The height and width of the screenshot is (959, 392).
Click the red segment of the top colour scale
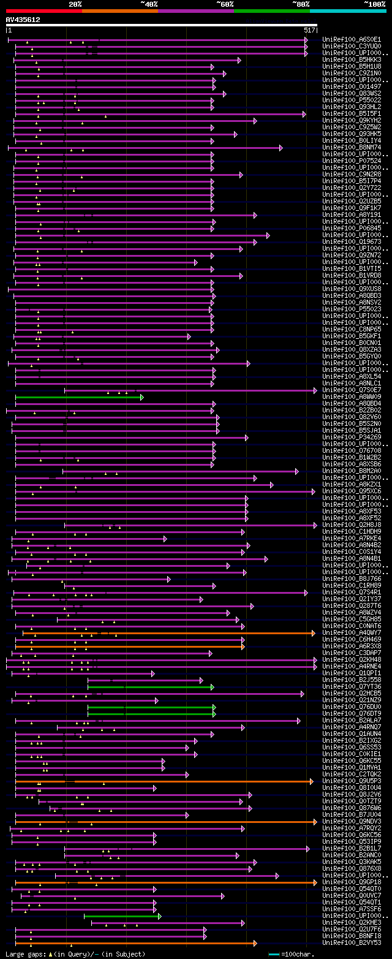coord(43,11)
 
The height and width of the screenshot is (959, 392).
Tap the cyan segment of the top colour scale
coord(347,11)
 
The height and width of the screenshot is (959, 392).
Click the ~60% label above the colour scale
coord(225,4)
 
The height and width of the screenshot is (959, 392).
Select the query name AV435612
coord(23,20)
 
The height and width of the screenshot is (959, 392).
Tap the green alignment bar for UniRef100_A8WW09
coord(78,397)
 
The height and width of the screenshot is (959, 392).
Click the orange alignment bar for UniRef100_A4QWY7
coord(165,633)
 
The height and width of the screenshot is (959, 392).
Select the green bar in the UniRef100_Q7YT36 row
coord(149,687)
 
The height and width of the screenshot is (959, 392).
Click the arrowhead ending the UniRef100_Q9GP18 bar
coord(315,882)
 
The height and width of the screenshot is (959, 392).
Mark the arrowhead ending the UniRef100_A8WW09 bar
coord(141,397)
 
